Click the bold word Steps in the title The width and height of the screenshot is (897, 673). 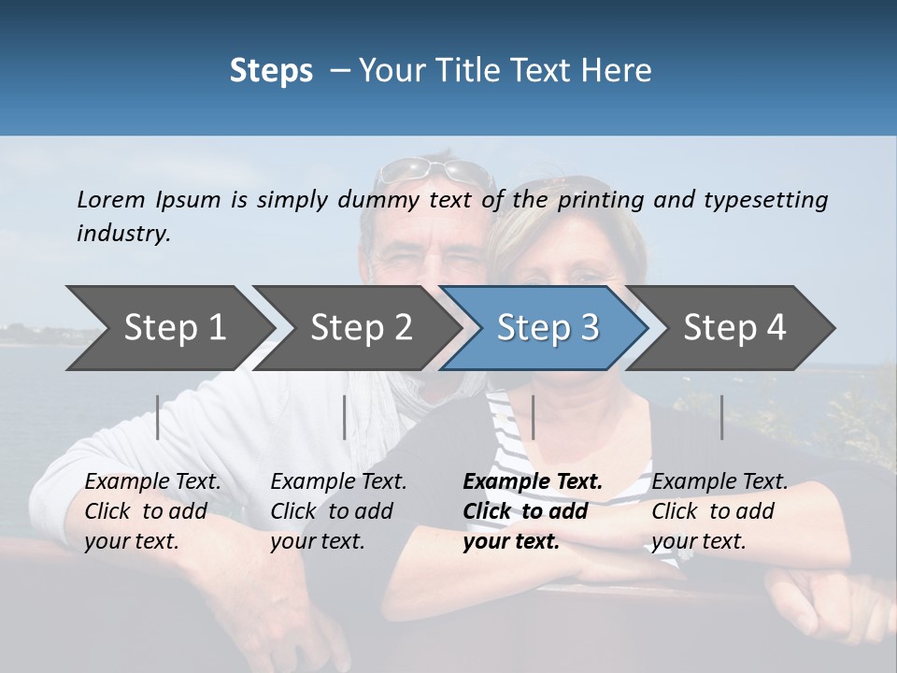click(x=271, y=70)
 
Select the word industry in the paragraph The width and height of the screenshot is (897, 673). click(x=122, y=233)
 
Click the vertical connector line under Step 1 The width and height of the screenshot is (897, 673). click(x=158, y=417)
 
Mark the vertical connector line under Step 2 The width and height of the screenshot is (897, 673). click(x=345, y=417)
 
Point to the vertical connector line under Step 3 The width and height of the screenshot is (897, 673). click(x=533, y=417)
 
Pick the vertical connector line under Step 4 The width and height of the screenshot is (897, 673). click(x=722, y=417)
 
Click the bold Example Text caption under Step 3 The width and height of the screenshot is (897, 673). click(x=532, y=511)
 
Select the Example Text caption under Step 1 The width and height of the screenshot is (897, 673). click(x=152, y=511)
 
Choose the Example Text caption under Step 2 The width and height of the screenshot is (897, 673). click(x=338, y=511)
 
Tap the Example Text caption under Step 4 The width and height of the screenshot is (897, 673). click(x=719, y=511)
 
